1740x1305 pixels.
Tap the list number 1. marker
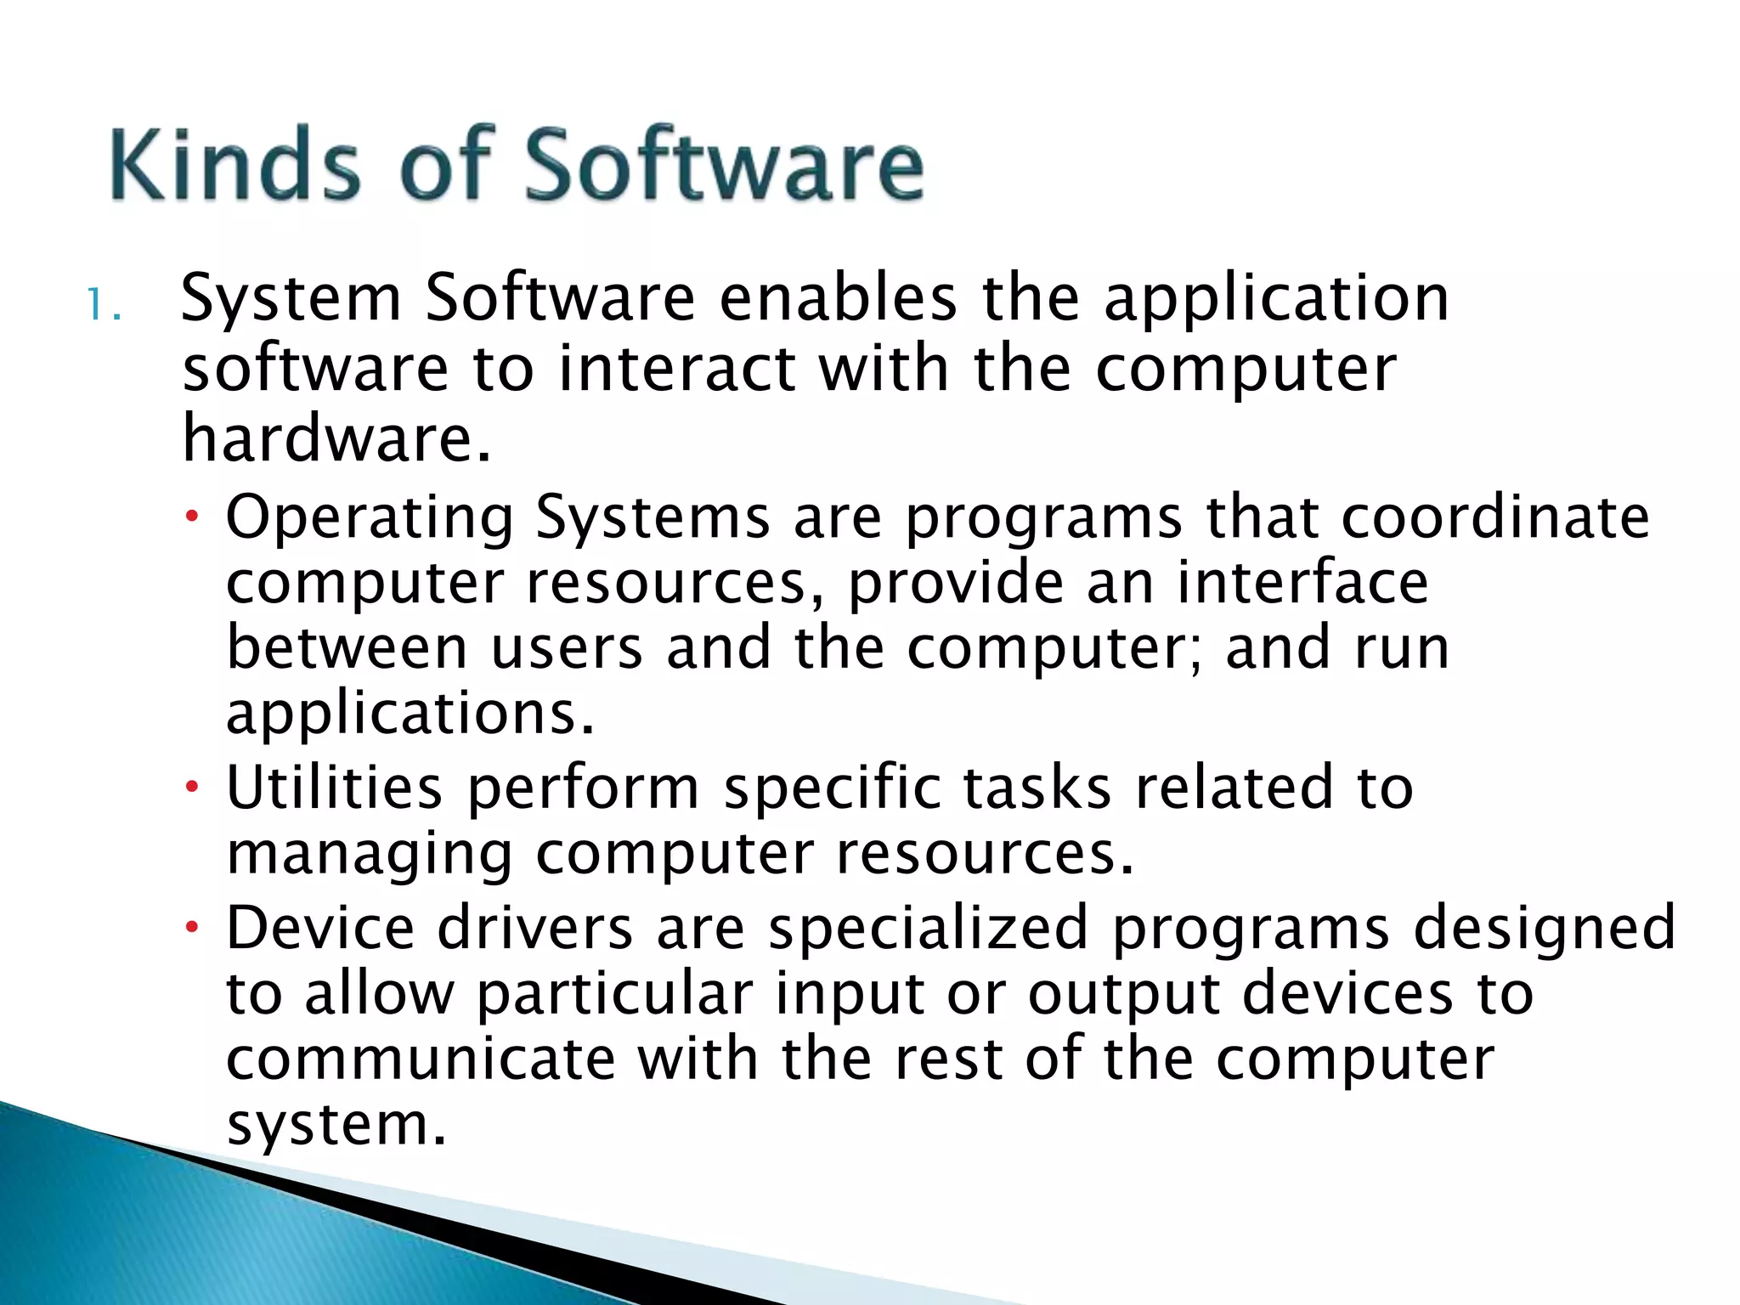[104, 306]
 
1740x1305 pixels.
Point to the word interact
[677, 370]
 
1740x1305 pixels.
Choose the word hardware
[336, 439]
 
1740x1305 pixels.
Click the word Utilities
[334, 788]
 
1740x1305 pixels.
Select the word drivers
[534, 927]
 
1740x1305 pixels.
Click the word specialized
[928, 929]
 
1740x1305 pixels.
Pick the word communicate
[420, 1059]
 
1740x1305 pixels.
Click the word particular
[614, 995]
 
